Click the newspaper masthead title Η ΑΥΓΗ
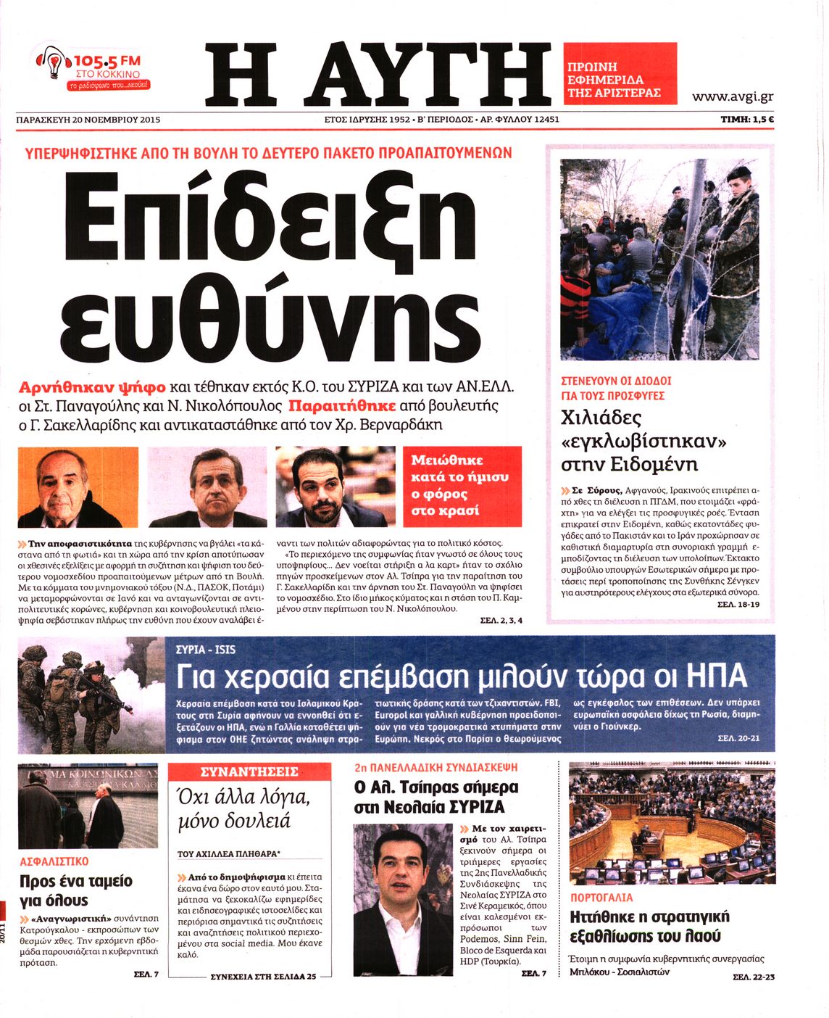point(378,73)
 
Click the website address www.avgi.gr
point(732,96)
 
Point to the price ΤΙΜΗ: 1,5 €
point(746,120)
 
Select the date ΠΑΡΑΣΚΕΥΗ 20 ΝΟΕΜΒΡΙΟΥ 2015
point(88,120)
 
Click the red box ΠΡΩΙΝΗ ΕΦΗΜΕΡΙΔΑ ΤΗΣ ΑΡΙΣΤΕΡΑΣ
point(620,73)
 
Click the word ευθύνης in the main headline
point(270,318)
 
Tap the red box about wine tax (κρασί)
point(462,486)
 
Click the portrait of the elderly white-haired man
point(78,487)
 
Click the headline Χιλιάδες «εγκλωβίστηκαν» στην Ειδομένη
point(643,440)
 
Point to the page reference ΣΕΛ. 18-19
point(738,603)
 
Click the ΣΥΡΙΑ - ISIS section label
point(206,649)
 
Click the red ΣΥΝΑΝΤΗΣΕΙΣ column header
point(249,771)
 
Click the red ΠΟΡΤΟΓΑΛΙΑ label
point(601,898)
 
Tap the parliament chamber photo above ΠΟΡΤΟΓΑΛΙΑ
point(672,824)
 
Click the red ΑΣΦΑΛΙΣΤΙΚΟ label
point(54,861)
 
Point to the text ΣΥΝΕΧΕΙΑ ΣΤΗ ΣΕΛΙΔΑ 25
point(263,976)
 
